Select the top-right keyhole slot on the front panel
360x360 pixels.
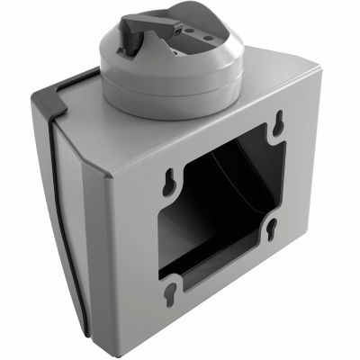(x=281, y=121)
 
